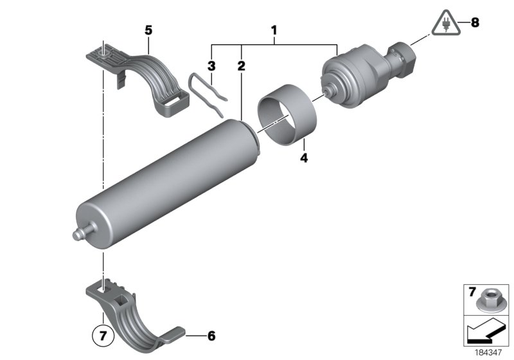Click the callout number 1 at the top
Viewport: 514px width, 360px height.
point(274,30)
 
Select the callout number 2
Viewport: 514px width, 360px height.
point(241,65)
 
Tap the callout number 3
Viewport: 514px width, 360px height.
point(211,65)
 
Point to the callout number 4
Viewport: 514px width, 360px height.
point(303,156)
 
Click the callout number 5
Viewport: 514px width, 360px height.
point(148,30)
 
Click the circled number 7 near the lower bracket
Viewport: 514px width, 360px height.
point(101,335)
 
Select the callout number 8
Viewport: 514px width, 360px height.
point(475,23)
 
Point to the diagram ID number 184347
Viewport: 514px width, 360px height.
point(491,352)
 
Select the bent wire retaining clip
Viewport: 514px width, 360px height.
point(208,95)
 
